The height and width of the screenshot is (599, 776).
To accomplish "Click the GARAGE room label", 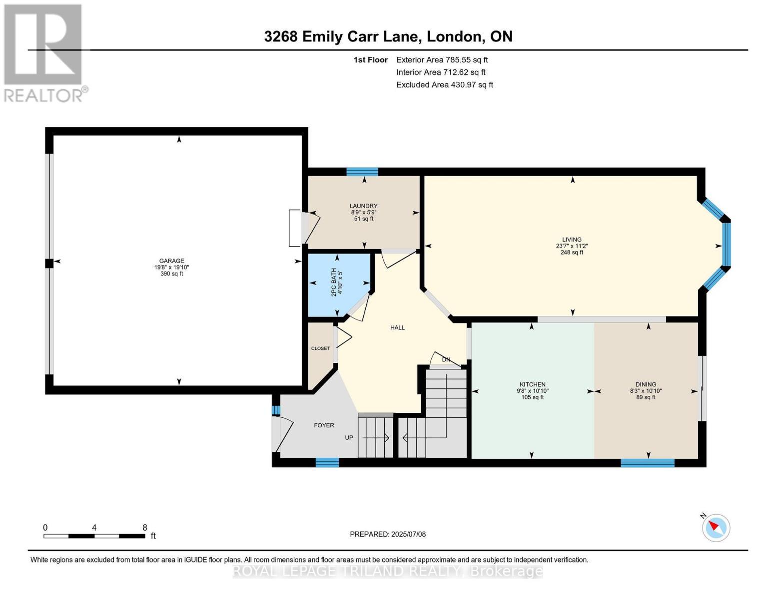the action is [172, 261].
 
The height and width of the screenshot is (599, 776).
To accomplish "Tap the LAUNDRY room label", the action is [364, 206].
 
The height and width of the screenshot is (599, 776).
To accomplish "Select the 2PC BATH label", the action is [334, 282].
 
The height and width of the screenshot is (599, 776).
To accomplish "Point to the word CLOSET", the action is [320, 348].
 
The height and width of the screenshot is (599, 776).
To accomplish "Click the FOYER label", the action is [324, 425].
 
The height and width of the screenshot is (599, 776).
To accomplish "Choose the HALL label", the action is [397, 327].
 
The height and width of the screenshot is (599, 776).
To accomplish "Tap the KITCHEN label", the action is [533, 384].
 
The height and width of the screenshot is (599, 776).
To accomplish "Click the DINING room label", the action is [646, 384].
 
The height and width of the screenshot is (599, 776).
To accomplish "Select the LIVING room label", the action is [572, 240].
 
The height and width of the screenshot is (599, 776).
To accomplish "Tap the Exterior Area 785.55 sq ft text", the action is [442, 60].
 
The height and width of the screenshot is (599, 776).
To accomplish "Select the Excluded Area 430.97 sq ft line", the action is [445, 85].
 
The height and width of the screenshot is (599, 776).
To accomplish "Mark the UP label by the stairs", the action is [349, 437].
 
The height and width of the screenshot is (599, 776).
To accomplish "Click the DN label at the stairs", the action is [446, 359].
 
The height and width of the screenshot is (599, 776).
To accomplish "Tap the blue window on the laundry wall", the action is [362, 172].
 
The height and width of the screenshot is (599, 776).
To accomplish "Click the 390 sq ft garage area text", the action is [172, 274].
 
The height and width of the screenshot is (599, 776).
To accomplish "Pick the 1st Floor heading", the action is [370, 60].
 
